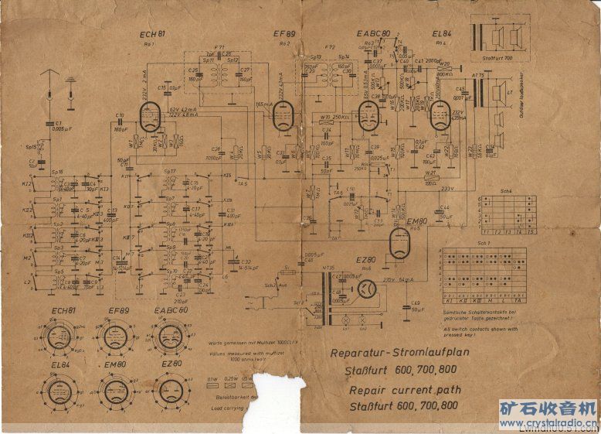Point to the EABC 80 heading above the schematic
pos(373,34)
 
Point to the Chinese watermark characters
pos(547,408)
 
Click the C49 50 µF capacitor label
pos(416,306)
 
